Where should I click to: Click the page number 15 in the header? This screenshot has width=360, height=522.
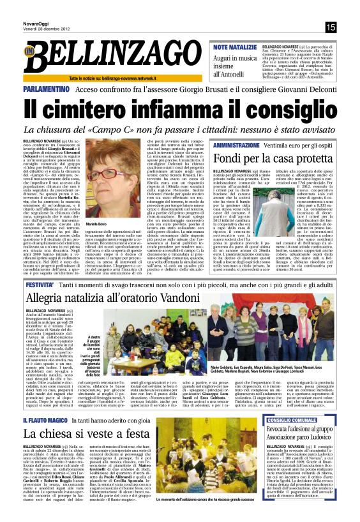click(331, 27)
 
